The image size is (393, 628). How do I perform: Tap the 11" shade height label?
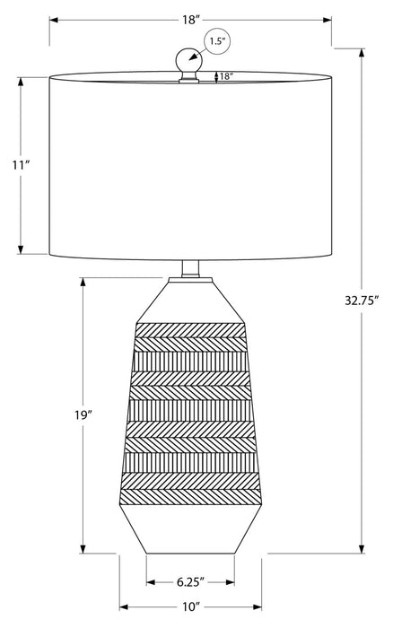click(x=21, y=166)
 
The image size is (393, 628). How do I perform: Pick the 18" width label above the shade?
click(x=190, y=18)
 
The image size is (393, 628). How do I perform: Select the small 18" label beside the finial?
click(x=225, y=77)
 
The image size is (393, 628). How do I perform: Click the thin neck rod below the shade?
click(x=189, y=267)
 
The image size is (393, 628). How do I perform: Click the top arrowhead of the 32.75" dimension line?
click(x=362, y=51)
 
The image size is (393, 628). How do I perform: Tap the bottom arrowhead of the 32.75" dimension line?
click(x=362, y=550)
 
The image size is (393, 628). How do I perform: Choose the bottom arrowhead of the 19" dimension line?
click(x=83, y=550)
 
